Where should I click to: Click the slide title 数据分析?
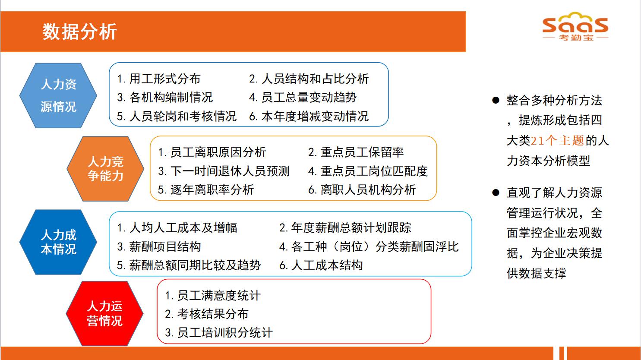tap(79, 32)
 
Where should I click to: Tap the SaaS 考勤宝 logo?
tap(575, 26)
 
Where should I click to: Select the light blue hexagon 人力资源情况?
tap(58, 95)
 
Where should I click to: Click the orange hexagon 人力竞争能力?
tap(105, 168)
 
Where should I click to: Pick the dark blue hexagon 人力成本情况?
tap(58, 242)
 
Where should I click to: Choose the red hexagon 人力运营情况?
tap(105, 313)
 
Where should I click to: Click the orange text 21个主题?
tap(557, 141)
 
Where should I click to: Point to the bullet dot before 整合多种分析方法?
tap(496, 100)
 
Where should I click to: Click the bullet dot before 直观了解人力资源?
tap(496, 193)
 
